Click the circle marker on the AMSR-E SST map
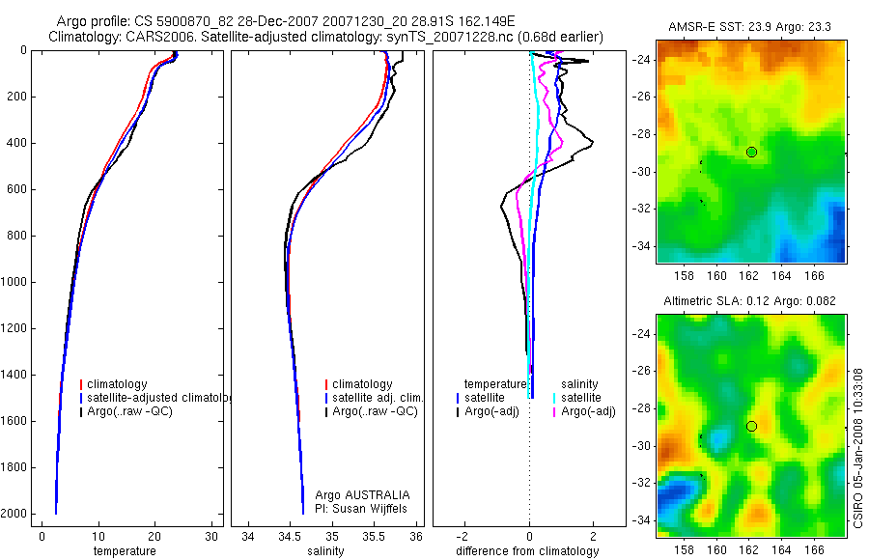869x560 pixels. (x=751, y=152)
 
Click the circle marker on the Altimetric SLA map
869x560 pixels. (x=751, y=426)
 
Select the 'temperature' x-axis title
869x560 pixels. (x=124, y=551)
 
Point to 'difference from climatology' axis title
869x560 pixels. (x=527, y=551)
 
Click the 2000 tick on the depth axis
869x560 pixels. (x=14, y=514)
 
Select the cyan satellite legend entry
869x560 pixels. (x=581, y=398)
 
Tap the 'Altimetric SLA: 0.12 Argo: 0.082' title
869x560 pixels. (x=751, y=303)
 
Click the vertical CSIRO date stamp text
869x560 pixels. (x=858, y=445)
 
